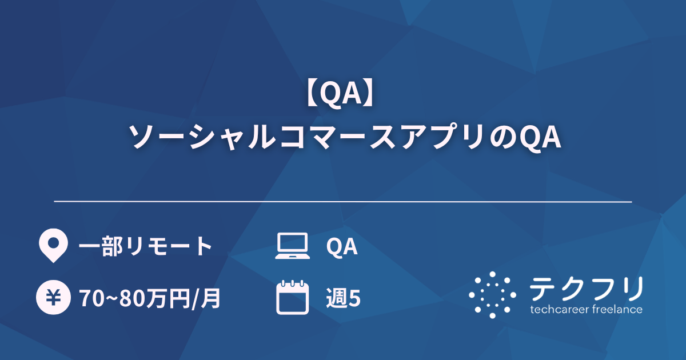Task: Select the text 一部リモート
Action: coord(145,247)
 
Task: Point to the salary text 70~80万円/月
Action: coord(150,298)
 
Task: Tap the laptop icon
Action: coord(292,246)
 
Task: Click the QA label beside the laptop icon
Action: coord(342,247)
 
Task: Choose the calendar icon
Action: coord(292,297)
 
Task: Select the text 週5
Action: coord(343,298)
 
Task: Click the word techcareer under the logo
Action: coord(559,310)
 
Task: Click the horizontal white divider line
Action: coord(343,202)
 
